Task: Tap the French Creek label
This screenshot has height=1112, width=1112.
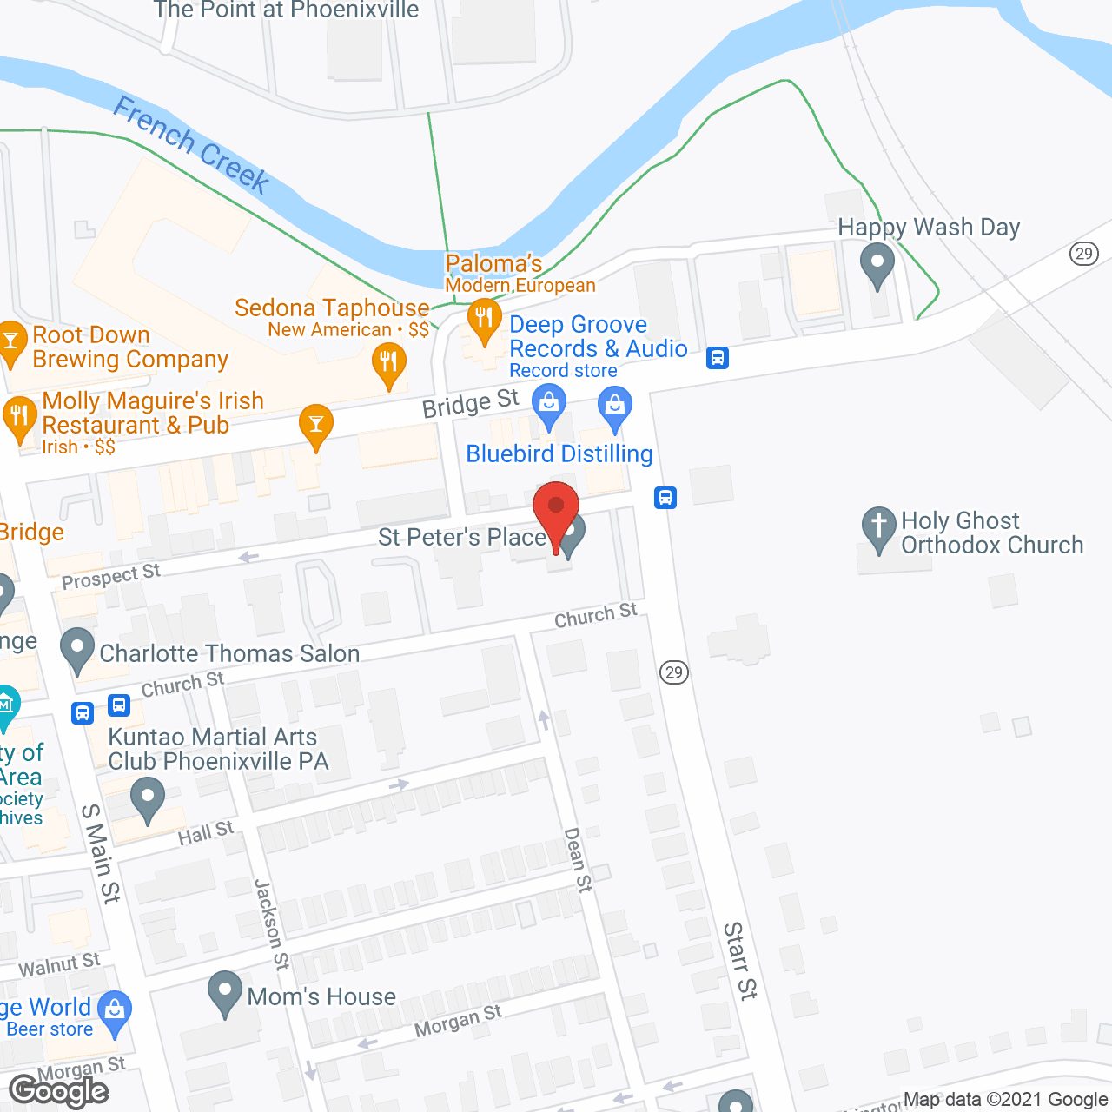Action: tap(192, 144)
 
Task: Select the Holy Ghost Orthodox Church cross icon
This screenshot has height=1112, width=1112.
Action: tap(878, 527)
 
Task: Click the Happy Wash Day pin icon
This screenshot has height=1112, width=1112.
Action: tap(877, 262)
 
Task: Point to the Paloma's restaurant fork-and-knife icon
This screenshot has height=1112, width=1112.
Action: tap(484, 320)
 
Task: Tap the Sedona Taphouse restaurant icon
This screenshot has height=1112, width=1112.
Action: tap(388, 364)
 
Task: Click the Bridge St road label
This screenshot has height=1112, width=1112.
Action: tap(470, 403)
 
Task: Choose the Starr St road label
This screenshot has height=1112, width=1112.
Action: tap(740, 961)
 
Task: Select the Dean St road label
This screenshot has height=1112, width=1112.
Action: tap(578, 859)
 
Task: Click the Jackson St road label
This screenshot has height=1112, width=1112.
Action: tap(271, 923)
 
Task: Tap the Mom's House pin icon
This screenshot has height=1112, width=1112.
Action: tap(226, 991)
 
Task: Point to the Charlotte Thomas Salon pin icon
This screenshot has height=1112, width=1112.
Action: tap(77, 648)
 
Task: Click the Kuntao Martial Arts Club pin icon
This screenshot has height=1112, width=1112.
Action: tap(147, 798)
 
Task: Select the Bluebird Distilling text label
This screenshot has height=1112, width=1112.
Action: tap(559, 453)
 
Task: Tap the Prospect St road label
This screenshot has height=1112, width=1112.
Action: tap(111, 577)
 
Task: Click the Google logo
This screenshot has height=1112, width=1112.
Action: tap(59, 1090)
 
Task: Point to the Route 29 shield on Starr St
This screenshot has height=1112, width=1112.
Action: tap(673, 672)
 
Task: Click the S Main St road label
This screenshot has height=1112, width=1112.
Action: tap(101, 853)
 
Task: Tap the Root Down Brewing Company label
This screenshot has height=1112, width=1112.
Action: tap(130, 347)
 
